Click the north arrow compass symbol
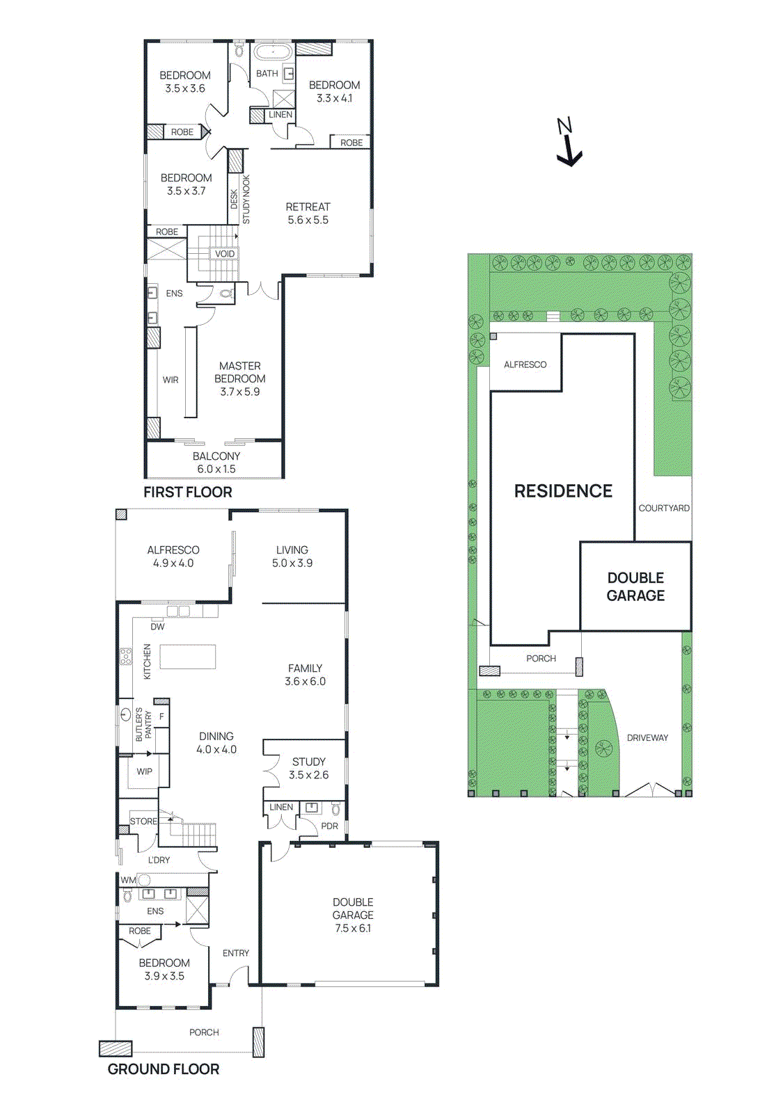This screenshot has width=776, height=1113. tap(569, 143)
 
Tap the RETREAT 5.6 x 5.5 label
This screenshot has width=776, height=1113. tap(308, 214)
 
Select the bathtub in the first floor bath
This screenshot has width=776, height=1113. tap(272, 53)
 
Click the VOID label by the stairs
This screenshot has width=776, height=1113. tap(224, 254)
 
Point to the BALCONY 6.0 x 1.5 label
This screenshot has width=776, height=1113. tap(216, 463)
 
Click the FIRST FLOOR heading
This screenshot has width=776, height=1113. tap(188, 493)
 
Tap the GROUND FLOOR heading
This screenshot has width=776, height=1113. tap(164, 1069)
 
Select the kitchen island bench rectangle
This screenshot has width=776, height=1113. tap(188, 657)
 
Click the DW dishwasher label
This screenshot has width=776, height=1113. tap(158, 627)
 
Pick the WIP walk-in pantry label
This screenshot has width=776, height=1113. tap(144, 771)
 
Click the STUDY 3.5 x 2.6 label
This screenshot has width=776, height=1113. tap(308, 768)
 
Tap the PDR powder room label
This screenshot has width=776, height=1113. tap(329, 826)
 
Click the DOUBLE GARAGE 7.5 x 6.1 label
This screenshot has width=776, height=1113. tap(353, 915)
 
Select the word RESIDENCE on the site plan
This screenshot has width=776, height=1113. tap(563, 491)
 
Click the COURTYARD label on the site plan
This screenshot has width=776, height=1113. tap(664, 509)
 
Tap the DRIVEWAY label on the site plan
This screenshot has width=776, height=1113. tap(647, 738)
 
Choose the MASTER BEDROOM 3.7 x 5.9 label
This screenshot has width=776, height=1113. tap(240, 378)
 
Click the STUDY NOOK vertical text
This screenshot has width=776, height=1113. tap(246, 200)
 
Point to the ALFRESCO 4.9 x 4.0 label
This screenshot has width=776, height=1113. tap(173, 556)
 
